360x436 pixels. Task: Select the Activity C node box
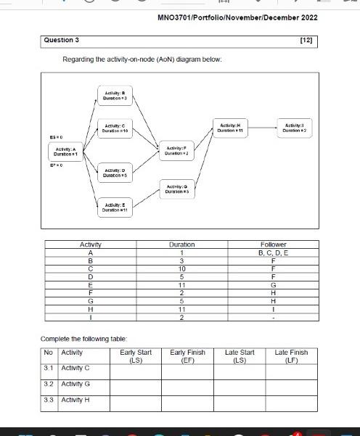click(x=114, y=128)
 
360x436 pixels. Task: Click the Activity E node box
click(x=114, y=207)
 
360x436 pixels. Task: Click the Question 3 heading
click(x=62, y=40)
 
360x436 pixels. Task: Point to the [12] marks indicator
click(x=306, y=40)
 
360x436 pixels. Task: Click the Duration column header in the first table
click(x=181, y=244)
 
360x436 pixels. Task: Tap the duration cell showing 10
click(x=181, y=268)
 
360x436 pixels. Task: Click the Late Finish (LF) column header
click(x=291, y=355)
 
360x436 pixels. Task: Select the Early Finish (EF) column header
click(x=187, y=355)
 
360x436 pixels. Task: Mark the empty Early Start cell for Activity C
click(x=135, y=371)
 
